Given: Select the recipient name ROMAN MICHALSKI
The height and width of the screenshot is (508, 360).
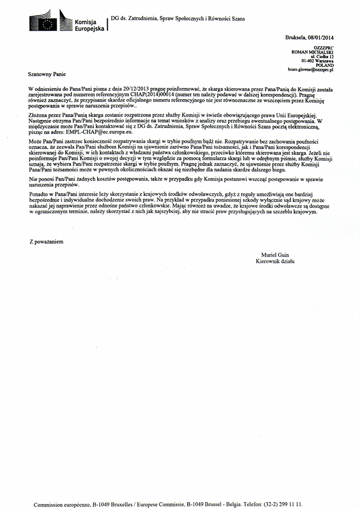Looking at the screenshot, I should (x=312, y=52).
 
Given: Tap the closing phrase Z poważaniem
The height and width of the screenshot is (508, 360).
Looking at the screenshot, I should (x=46, y=242).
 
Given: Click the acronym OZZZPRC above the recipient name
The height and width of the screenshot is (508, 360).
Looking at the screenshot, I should (x=324, y=48).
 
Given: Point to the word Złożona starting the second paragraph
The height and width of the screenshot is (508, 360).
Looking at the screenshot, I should (x=39, y=115).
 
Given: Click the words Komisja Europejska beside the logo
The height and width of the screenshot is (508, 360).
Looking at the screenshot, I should (x=89, y=26).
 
